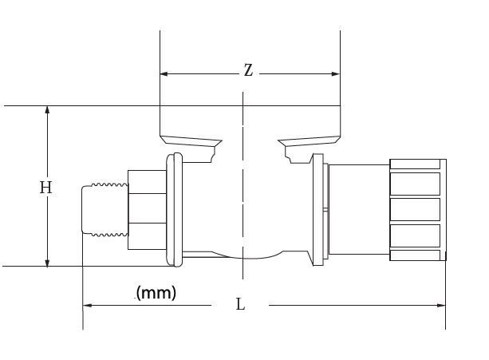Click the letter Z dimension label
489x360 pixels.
(x=248, y=71)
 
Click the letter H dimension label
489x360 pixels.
(x=45, y=188)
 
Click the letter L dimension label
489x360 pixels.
(x=240, y=305)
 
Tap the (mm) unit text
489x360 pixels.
(x=156, y=292)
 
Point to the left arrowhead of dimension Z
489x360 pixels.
(x=164, y=73)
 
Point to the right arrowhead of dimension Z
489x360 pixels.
(x=336, y=73)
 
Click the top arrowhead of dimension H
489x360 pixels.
(x=48, y=110)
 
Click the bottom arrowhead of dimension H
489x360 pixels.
(x=48, y=262)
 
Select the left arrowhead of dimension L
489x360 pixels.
(x=88, y=305)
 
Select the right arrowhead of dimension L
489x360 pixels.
(x=441, y=305)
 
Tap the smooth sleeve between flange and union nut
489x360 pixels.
(x=358, y=209)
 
